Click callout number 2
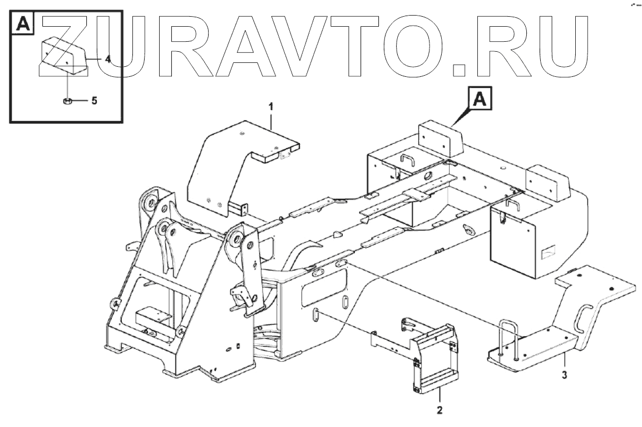point(439,410)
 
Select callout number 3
point(564,374)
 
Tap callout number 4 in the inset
point(108,58)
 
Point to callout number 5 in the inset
point(94,101)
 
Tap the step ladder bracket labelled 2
point(434,356)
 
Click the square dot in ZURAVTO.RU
point(460,68)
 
